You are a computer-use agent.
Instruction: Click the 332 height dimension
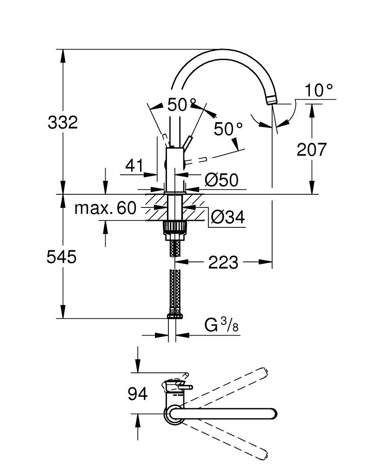(63, 123)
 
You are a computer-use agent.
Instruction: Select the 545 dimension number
(61, 256)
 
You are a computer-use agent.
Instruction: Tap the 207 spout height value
(312, 150)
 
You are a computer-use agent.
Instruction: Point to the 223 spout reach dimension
(223, 263)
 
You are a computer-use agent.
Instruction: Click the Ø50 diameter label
(221, 180)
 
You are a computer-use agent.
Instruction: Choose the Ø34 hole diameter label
(227, 217)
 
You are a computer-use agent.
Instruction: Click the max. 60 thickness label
(106, 208)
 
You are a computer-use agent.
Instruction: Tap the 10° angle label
(320, 90)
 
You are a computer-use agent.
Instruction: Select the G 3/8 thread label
(221, 326)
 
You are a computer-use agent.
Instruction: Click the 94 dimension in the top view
(137, 394)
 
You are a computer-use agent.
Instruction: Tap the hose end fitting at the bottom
(174, 314)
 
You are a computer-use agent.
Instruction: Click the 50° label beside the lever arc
(228, 129)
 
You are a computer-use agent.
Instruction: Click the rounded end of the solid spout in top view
(273, 413)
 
